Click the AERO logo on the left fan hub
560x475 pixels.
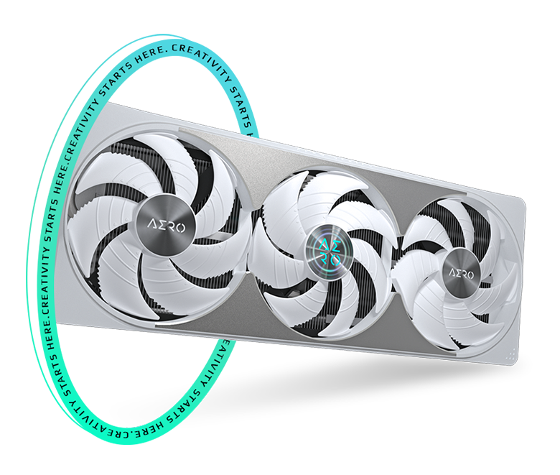(x=167, y=226)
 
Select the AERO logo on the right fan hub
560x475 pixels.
(x=462, y=274)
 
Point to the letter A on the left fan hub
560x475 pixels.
(x=152, y=226)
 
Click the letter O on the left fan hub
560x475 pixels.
(x=180, y=228)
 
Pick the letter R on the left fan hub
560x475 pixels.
(x=171, y=226)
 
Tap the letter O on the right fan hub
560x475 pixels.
(x=471, y=275)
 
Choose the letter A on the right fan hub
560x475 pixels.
(x=452, y=273)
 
